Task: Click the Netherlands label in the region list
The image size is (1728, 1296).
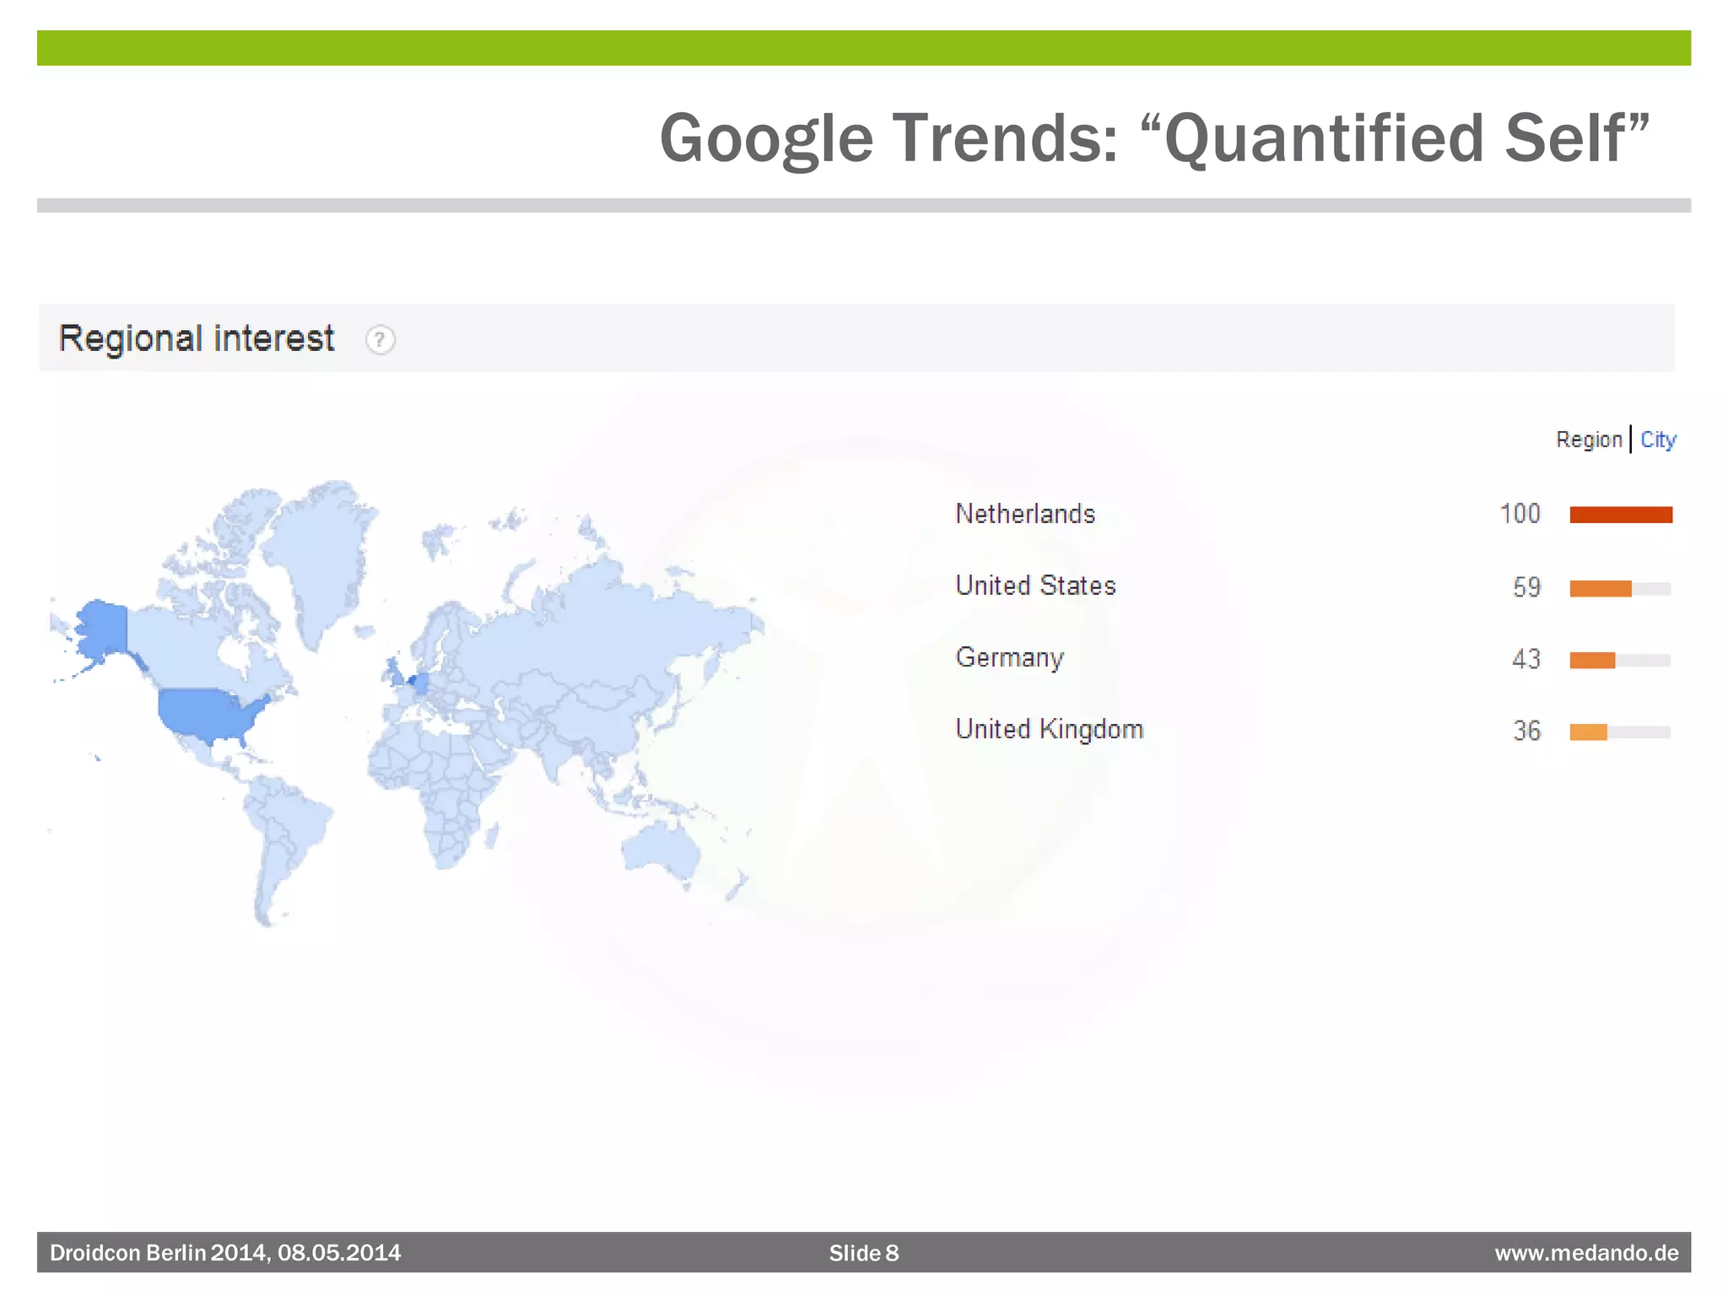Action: click(1025, 514)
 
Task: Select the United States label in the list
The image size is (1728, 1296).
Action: click(1035, 586)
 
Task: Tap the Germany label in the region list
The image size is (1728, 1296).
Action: click(1009, 657)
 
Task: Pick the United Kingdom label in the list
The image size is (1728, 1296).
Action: click(1049, 729)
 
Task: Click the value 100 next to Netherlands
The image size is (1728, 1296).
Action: click(1520, 514)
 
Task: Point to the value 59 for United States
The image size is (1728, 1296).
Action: click(1526, 586)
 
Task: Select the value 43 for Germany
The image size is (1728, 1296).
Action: click(1526, 658)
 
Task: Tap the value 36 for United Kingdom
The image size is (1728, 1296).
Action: click(1526, 730)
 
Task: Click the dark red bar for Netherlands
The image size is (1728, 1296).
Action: click(1621, 515)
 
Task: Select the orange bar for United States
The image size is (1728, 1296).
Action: click(1601, 588)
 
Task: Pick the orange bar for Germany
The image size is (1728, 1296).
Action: click(1592, 660)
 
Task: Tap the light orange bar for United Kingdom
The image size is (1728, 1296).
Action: click(1588, 732)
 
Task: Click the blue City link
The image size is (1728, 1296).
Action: click(1658, 440)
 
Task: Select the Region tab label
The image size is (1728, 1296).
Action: click(1589, 440)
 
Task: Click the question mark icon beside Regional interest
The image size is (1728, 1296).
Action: click(380, 340)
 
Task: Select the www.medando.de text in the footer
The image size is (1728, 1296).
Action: click(1586, 1253)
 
